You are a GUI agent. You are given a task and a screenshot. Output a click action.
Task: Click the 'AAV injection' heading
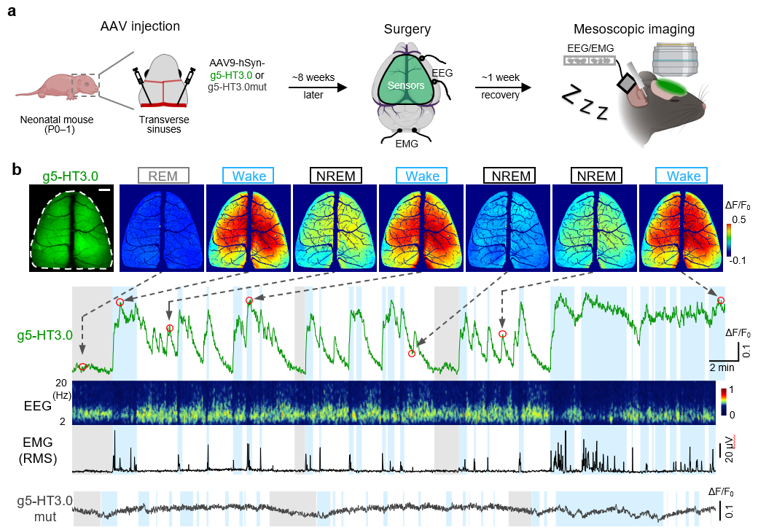(x=141, y=27)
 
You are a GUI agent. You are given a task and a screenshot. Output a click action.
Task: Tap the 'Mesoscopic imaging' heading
(x=633, y=30)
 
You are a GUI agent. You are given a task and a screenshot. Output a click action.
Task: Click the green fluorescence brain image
(x=71, y=227)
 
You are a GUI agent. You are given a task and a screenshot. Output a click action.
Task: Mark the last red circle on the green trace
(x=721, y=300)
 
